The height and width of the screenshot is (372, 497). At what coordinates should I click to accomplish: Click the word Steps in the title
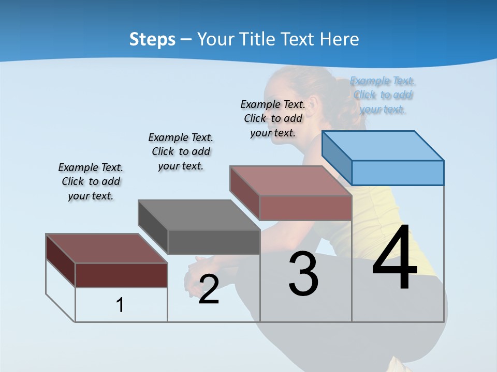point(152,39)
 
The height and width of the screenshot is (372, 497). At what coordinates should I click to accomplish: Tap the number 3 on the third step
point(303,274)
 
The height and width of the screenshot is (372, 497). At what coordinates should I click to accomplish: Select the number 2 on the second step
point(209,289)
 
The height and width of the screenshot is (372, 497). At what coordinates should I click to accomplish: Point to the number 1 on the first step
point(120,305)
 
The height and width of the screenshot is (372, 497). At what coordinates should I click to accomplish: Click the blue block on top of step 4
point(397,172)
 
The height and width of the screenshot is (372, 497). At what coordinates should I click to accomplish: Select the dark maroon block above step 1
point(121,274)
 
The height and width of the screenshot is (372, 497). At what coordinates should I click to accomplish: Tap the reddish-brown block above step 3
point(305,207)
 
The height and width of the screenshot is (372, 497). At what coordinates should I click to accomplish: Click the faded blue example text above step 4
point(383,95)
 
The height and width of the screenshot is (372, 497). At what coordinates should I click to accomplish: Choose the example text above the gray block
point(181,151)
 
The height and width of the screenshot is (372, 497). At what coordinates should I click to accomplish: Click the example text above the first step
point(91,181)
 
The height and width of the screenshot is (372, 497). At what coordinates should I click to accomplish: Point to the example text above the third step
point(273,118)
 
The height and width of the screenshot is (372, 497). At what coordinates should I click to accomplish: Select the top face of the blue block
point(383,145)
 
